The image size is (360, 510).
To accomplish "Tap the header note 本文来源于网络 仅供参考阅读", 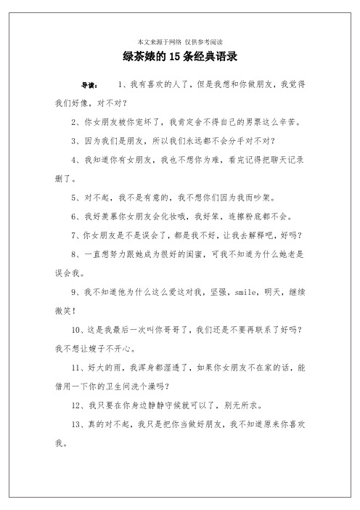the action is (x=180, y=41).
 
